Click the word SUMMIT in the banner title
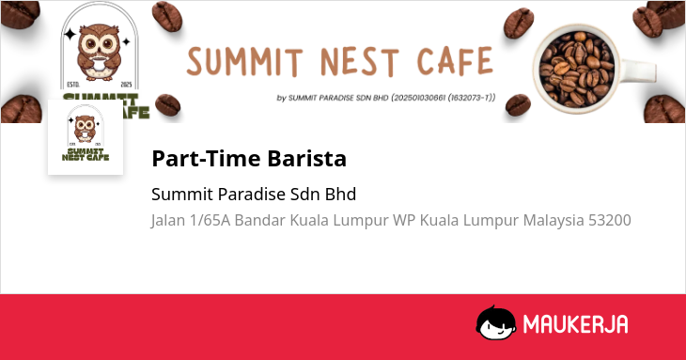pyautogui.click(x=244, y=61)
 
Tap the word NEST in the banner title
pyautogui.click(x=360, y=62)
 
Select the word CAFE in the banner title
pyautogui.click(x=456, y=60)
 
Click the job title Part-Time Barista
pyautogui.click(x=249, y=158)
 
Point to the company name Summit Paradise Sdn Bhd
pyautogui.click(x=254, y=195)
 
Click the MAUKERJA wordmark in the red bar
pyautogui.click(x=575, y=324)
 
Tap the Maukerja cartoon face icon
pyautogui.click(x=495, y=322)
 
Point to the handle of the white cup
pyautogui.click(x=639, y=71)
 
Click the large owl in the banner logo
pyautogui.click(x=99, y=52)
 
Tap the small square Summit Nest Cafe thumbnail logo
pyautogui.click(x=86, y=137)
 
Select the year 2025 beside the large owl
pyautogui.click(x=126, y=85)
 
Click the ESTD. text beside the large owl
pyautogui.click(x=73, y=85)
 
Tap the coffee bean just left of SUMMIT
pyautogui.click(x=166, y=16)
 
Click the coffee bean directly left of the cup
pyautogui.click(x=518, y=23)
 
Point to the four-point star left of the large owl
pyautogui.click(x=70, y=35)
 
